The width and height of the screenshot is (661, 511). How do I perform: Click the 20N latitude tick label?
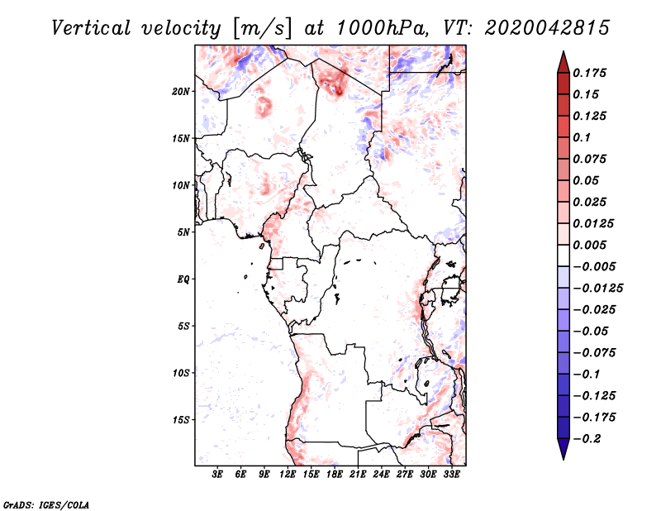click(181, 92)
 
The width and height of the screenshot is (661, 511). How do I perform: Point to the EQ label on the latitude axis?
click(183, 279)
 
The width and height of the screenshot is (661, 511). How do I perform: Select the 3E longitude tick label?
click(217, 474)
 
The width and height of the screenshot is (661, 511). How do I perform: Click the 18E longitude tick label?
click(335, 474)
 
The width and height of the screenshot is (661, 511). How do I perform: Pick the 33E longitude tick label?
click(451, 474)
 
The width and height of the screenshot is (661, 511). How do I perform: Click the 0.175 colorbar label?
click(589, 73)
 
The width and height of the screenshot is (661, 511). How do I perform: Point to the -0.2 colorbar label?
click(587, 439)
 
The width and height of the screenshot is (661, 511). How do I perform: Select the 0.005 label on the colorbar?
click(589, 245)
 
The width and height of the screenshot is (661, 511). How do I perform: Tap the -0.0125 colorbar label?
click(597, 289)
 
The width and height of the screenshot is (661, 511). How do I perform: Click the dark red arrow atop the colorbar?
click(564, 62)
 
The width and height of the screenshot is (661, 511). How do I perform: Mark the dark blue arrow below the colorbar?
click(564, 449)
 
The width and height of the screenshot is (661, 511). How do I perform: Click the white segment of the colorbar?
click(564, 255)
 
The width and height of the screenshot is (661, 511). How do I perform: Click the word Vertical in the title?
click(91, 28)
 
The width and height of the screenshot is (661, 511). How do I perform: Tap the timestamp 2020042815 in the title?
click(547, 28)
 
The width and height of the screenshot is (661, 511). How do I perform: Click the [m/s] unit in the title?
click(262, 29)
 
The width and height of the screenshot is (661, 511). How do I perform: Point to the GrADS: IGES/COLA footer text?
click(46, 504)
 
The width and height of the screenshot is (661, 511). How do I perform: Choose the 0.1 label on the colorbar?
click(582, 137)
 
